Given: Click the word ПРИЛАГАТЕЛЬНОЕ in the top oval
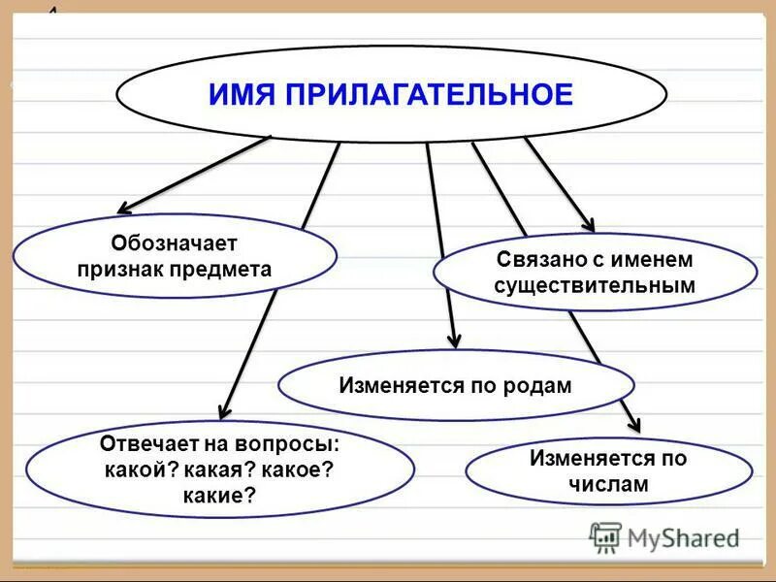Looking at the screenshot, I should point(428,94).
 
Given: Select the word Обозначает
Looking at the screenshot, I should point(174,243).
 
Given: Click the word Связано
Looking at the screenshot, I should point(536,260).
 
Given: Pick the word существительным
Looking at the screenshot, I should point(594,285).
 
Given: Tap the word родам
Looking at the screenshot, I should point(537,385).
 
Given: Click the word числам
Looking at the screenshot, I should point(608,484).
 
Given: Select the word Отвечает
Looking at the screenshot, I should point(146,444).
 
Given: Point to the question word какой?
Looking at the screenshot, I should point(142,469).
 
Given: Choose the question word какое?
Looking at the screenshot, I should point(300,469).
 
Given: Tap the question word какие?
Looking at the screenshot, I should point(219,496).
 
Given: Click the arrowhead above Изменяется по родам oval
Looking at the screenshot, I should point(453,339).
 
